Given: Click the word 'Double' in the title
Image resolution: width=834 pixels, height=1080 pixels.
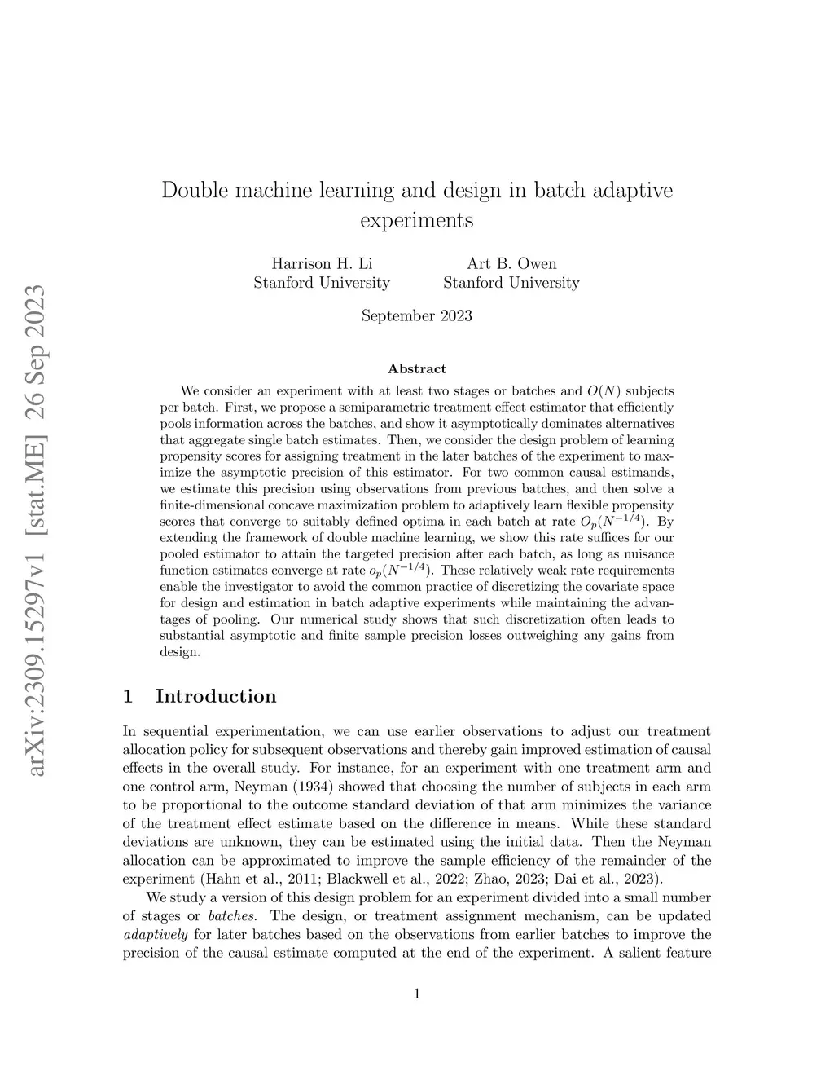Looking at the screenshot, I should [195, 191].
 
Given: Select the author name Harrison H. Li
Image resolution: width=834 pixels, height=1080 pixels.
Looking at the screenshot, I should [322, 263].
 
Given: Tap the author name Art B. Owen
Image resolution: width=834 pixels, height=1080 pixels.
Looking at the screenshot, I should [511, 263].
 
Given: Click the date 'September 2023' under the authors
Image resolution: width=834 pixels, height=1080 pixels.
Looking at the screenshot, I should [416, 315].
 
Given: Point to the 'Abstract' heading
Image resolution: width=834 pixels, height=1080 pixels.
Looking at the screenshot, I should [417, 368].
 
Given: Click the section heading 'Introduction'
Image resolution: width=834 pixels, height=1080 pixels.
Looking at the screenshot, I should [216, 696].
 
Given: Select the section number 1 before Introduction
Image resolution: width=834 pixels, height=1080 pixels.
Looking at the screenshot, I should [128, 696].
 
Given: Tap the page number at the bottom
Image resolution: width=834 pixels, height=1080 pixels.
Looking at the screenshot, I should [417, 993].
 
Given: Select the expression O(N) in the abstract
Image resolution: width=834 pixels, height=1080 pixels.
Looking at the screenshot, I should [604, 390].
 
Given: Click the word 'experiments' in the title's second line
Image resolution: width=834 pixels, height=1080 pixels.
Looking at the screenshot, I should [416, 220].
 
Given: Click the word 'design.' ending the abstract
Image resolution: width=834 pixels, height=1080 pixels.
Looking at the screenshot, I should [179, 651].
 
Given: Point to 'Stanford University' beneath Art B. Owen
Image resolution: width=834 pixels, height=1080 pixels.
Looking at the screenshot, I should [511, 283].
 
